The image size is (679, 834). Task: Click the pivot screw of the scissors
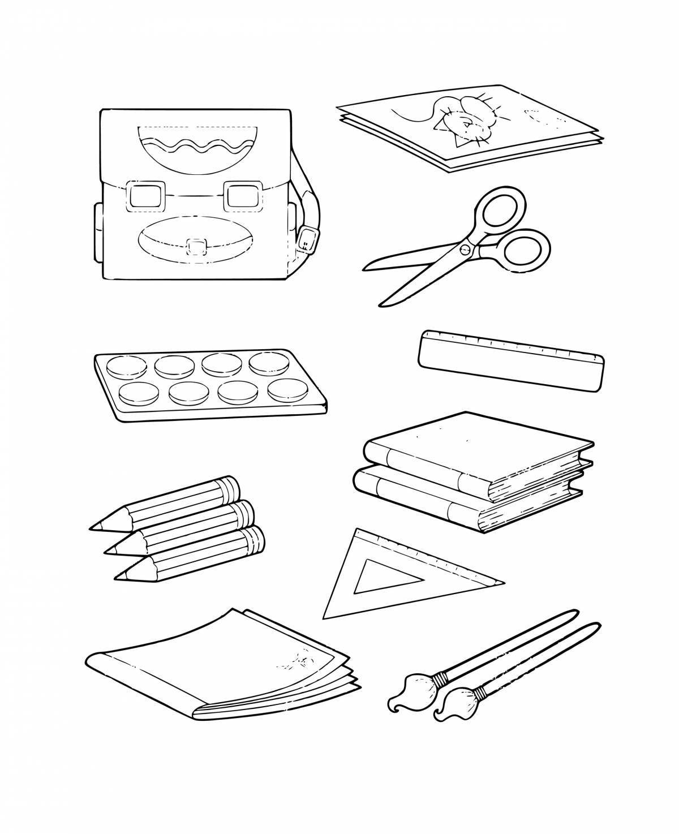pos(465,248)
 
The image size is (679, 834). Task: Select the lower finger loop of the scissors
pos(526,250)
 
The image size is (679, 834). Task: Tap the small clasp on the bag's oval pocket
pos(197,247)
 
